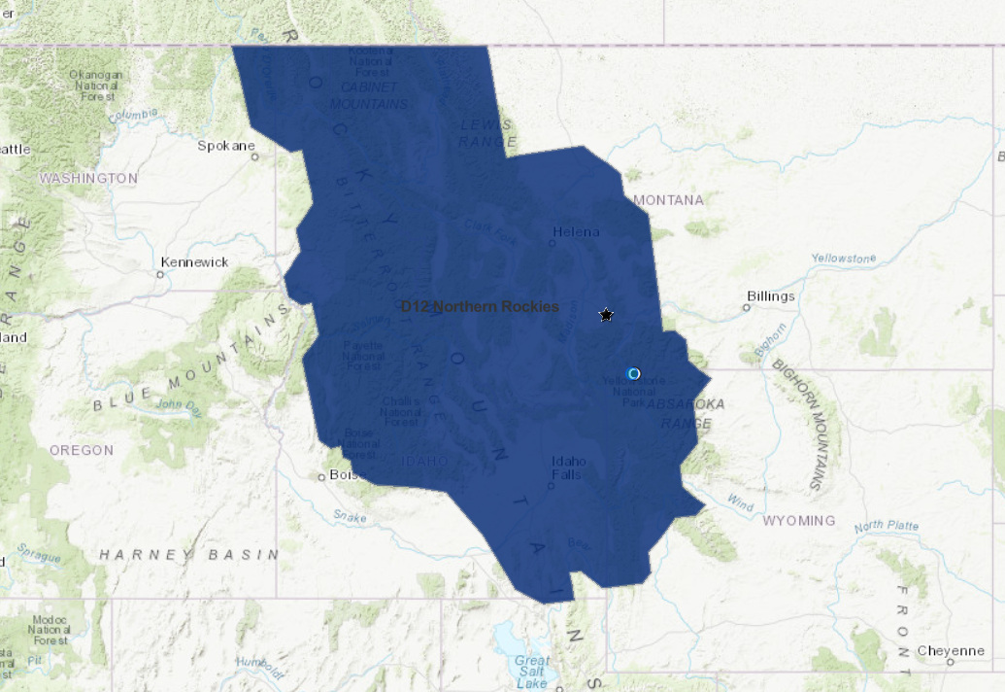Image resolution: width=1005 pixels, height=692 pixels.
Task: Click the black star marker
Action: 607,315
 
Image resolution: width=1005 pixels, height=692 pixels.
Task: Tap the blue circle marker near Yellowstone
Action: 634,373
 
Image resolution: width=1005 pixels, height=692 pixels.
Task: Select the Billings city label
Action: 771,295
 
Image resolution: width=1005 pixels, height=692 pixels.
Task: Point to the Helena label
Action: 576,231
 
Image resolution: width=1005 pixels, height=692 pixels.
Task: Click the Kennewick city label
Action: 195,262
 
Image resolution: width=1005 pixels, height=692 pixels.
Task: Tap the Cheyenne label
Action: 951,650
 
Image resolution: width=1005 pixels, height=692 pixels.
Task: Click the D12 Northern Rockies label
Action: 481,306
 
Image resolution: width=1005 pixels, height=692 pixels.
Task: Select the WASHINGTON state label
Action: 88,179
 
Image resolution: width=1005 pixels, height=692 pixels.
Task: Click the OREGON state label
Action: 82,450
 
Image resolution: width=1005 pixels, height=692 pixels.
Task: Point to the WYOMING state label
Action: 798,521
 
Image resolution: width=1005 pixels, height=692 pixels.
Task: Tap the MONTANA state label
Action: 668,200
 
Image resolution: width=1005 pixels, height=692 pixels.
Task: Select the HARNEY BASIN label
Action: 188,554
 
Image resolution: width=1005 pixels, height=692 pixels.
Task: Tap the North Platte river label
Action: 887,527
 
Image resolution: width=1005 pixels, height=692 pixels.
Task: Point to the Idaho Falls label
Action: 567,467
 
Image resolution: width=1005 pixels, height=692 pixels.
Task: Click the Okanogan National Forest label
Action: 96,85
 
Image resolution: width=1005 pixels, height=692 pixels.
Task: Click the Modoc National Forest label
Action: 50,630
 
